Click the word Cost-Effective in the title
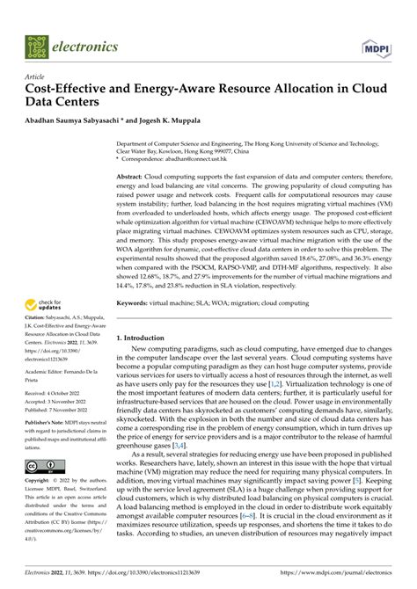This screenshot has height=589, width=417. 67,90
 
